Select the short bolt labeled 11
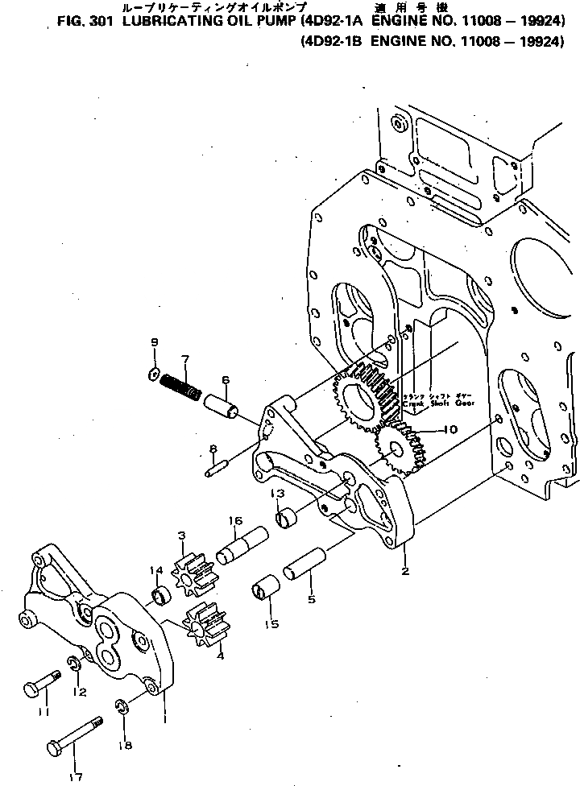43,683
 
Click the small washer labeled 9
154,372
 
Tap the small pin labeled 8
218,466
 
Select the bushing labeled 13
288,519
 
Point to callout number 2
406,571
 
